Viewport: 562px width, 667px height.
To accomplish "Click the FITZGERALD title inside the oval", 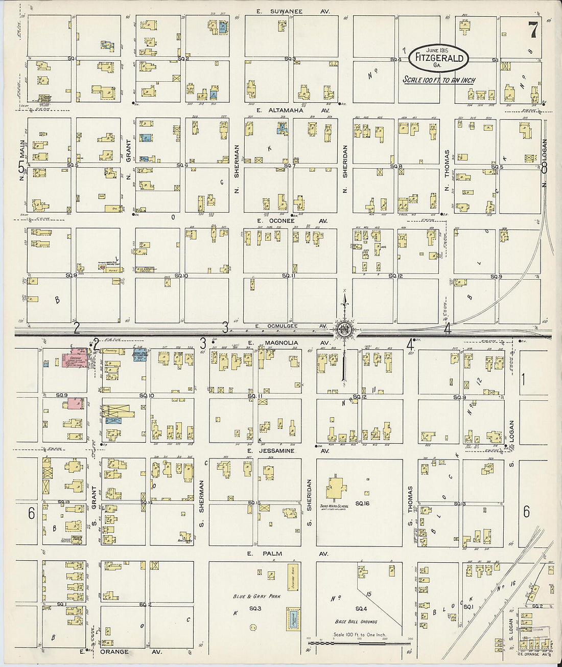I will [439, 58].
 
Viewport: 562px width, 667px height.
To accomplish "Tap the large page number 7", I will [532, 31].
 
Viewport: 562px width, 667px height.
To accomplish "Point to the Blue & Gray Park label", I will [256, 596].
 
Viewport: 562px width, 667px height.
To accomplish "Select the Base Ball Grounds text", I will [356, 622].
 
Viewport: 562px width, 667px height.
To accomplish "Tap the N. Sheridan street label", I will [345, 162].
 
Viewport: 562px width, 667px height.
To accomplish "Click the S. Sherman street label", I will [202, 496].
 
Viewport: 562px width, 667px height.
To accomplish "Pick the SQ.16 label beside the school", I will [362, 504].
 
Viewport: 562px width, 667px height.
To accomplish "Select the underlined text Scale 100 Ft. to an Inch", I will [438, 80].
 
